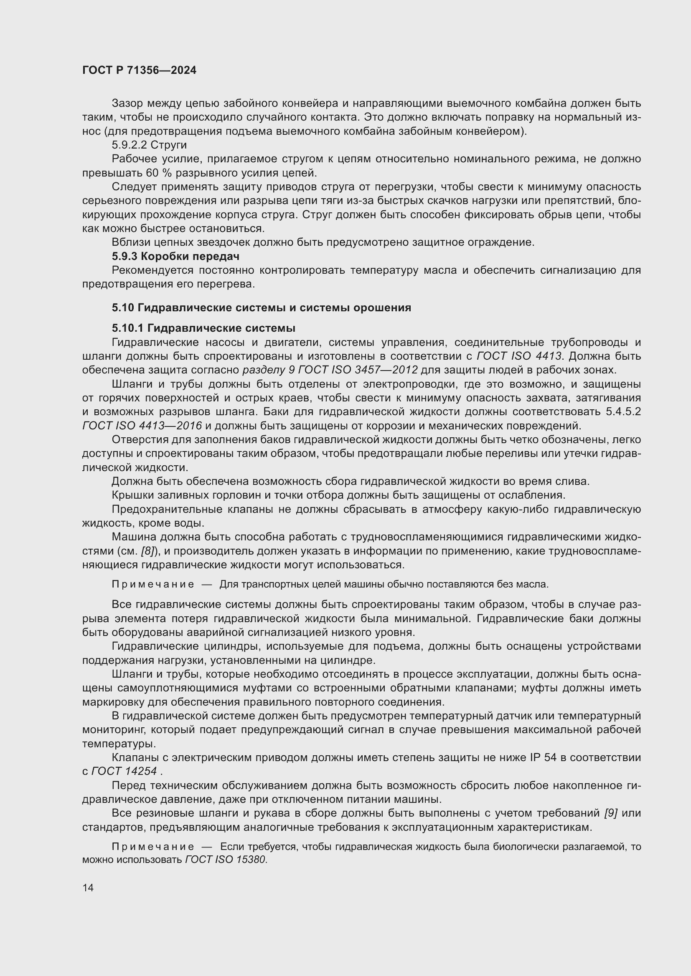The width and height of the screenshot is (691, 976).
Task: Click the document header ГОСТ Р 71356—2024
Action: [x=139, y=71]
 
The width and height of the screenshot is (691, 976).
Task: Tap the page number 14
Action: [x=88, y=888]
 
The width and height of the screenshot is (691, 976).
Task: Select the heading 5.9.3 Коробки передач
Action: [x=175, y=256]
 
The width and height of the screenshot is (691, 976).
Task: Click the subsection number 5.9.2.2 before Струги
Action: [x=129, y=145]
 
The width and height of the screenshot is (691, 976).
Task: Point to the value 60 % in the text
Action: [x=155, y=173]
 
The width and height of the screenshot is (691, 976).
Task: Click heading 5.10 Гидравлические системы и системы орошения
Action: [x=261, y=308]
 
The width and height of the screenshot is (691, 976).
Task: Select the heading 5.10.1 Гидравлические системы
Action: [x=203, y=328]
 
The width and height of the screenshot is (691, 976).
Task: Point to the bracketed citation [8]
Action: [x=147, y=551]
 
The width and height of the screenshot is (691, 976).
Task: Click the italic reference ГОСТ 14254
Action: [x=124, y=771]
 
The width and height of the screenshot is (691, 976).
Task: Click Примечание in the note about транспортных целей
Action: [x=153, y=585]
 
